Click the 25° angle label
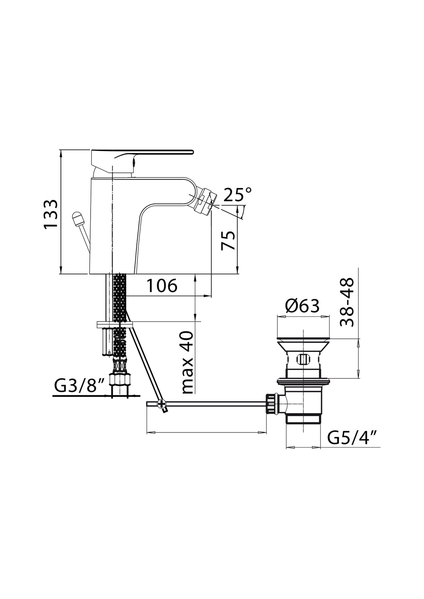(238, 195)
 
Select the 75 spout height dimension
(229, 240)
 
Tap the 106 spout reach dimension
(162, 286)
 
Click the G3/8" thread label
(80, 386)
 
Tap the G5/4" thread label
(352, 438)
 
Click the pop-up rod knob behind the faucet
(78, 219)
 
